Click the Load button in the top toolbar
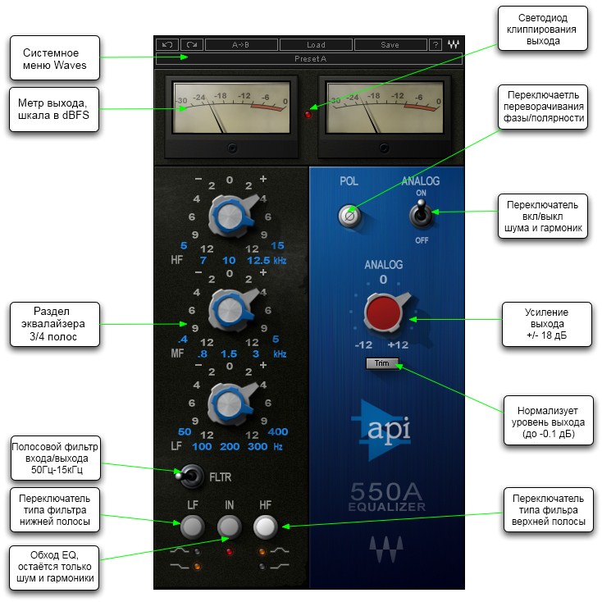(317, 44)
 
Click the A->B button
(241, 44)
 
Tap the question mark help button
(435, 44)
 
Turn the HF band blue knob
(229, 216)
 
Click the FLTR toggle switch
(189, 475)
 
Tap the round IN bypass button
(229, 526)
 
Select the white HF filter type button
(265, 526)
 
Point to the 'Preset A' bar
(308, 59)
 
